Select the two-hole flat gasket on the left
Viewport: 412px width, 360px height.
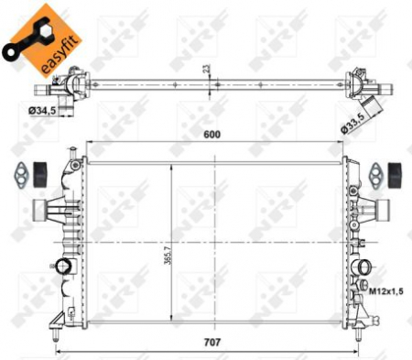coord(16,171)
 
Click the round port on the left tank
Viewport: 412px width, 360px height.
coord(61,267)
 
